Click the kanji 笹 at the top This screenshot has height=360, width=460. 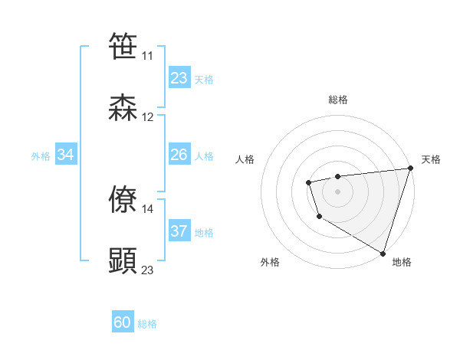click(x=123, y=46)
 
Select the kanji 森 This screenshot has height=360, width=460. click(x=123, y=108)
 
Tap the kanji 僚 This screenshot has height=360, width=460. click(x=123, y=198)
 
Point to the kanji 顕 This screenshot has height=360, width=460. click(x=123, y=260)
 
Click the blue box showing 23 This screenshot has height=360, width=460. click(x=179, y=78)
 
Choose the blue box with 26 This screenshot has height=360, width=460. click(x=179, y=155)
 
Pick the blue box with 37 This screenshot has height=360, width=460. click(x=179, y=231)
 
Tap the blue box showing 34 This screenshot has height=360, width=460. click(x=66, y=155)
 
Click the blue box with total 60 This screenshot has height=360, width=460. click(x=123, y=322)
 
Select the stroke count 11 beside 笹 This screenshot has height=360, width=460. click(x=147, y=56)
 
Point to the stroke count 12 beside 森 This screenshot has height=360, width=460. click(x=147, y=118)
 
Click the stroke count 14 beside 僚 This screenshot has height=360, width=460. click(x=147, y=208)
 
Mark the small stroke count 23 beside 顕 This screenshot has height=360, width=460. click(x=147, y=270)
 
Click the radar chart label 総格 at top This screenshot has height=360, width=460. click(x=338, y=100)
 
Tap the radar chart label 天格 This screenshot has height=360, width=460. click(x=432, y=159)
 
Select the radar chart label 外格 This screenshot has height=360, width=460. click(x=270, y=262)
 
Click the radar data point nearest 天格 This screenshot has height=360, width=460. click(x=410, y=169)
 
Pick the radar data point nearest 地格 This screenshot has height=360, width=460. click(x=383, y=253)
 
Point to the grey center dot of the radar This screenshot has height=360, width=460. click(x=338, y=191)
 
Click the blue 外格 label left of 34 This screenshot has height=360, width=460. click(x=41, y=155)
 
